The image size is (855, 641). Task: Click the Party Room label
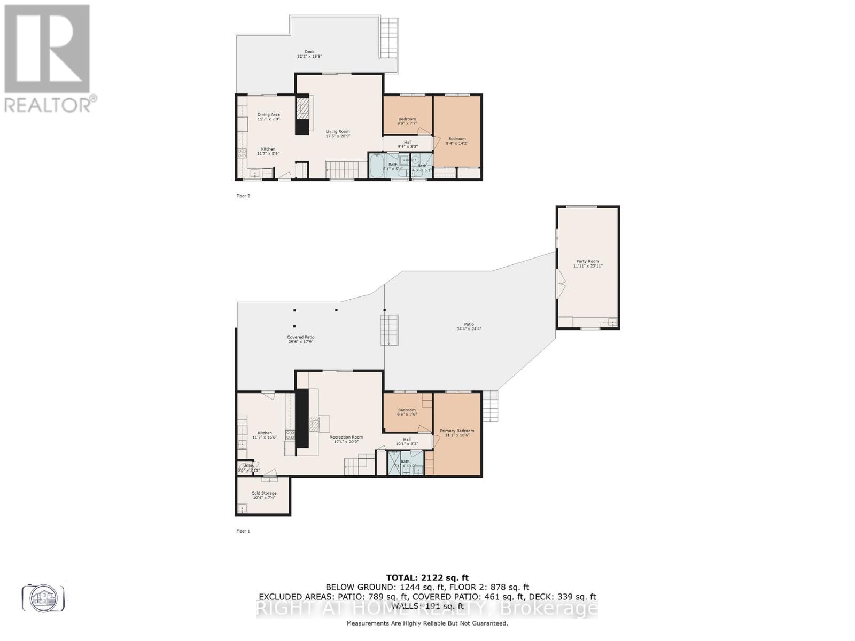pyautogui.click(x=587, y=263)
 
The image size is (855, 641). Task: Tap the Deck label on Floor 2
pyautogui.click(x=309, y=54)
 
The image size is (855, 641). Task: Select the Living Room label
pyautogui.click(x=338, y=134)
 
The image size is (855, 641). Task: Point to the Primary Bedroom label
pyautogui.click(x=457, y=433)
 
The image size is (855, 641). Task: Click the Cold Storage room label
pyautogui.click(x=264, y=495)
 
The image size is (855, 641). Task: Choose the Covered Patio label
pyautogui.click(x=301, y=339)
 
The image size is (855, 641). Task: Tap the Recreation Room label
pyautogui.click(x=346, y=439)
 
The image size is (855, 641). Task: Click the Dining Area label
pyautogui.click(x=268, y=116)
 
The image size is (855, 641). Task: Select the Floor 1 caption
pyautogui.click(x=243, y=531)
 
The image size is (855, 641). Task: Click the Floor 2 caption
pyautogui.click(x=243, y=196)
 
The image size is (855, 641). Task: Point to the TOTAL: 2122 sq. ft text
pyautogui.click(x=427, y=577)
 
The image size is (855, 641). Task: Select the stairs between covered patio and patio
pyautogui.click(x=390, y=330)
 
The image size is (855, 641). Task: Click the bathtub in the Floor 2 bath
pyautogui.click(x=376, y=166)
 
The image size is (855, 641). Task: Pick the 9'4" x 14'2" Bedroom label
pyautogui.click(x=457, y=141)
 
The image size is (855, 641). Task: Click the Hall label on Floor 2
pyautogui.click(x=408, y=144)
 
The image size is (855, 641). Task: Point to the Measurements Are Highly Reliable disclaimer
pyautogui.click(x=427, y=623)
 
